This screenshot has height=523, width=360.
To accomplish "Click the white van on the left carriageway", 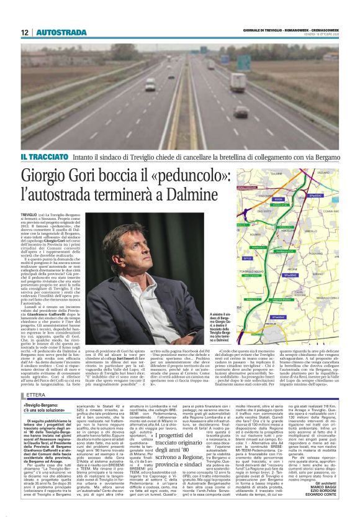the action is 150,85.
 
